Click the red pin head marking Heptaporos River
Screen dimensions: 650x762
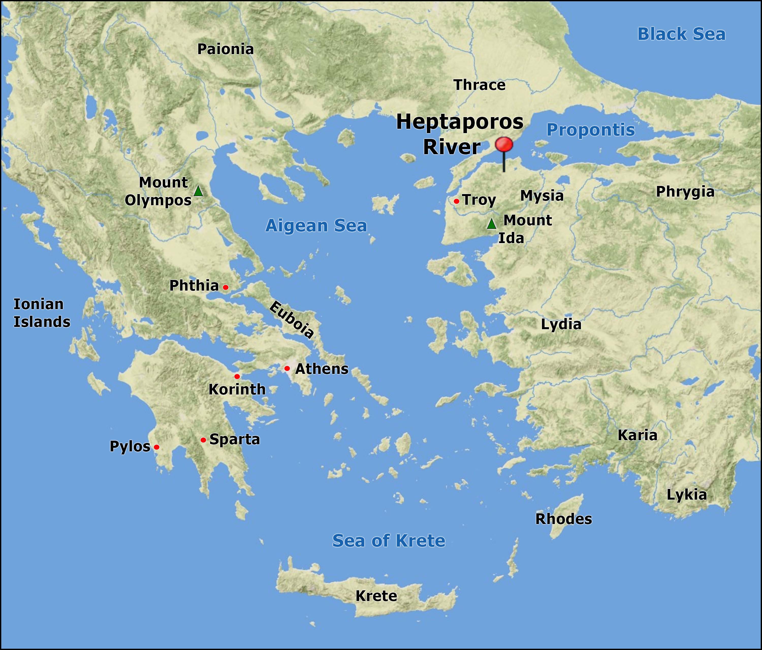pos(504,145)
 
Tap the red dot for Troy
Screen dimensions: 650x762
pos(456,201)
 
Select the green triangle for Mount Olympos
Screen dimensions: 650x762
pos(198,191)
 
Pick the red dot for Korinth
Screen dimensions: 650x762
pos(237,376)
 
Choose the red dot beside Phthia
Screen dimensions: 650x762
pos(226,287)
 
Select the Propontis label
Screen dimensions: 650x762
pos(591,130)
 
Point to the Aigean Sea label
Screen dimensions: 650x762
pos(316,226)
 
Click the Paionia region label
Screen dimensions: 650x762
pos(226,49)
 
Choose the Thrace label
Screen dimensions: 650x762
pos(480,85)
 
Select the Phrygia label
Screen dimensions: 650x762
pos(685,192)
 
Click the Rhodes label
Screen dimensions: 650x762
pos(563,519)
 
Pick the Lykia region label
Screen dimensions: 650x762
pos(687,495)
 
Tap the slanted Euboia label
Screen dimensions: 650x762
pos(292,319)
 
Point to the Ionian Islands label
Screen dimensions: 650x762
pos(42,313)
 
